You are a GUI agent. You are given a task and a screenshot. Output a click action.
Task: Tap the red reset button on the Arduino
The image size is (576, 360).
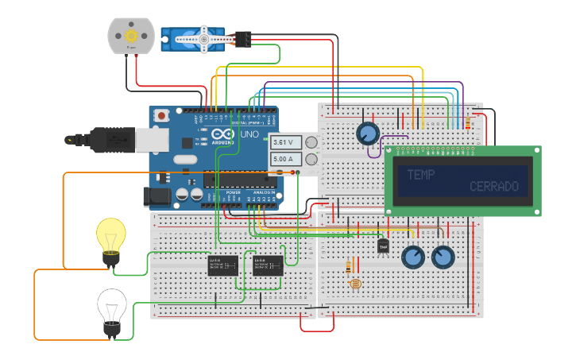click(x=162, y=115)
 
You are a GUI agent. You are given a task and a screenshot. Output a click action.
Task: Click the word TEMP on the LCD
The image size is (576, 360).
click(x=421, y=175)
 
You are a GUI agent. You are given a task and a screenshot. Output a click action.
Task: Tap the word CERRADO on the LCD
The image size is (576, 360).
click(x=493, y=187)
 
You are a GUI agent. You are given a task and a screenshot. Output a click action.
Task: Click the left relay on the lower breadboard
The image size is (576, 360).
click(x=223, y=265)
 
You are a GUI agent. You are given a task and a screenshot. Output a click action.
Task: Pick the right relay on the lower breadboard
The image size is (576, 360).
click(x=268, y=265)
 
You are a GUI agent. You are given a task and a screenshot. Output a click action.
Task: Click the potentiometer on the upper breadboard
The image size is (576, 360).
click(x=367, y=133)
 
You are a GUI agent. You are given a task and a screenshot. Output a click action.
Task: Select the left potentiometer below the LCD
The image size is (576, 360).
click(x=413, y=257)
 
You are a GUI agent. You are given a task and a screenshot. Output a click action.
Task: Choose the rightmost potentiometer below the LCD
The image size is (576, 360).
click(x=443, y=257)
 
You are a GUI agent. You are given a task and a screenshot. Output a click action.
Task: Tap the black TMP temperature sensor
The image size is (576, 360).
click(x=383, y=246)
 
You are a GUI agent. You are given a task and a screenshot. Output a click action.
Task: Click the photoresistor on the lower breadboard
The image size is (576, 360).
click(x=354, y=284)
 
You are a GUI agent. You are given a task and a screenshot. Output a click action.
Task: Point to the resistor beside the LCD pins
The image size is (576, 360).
click(x=467, y=123)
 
